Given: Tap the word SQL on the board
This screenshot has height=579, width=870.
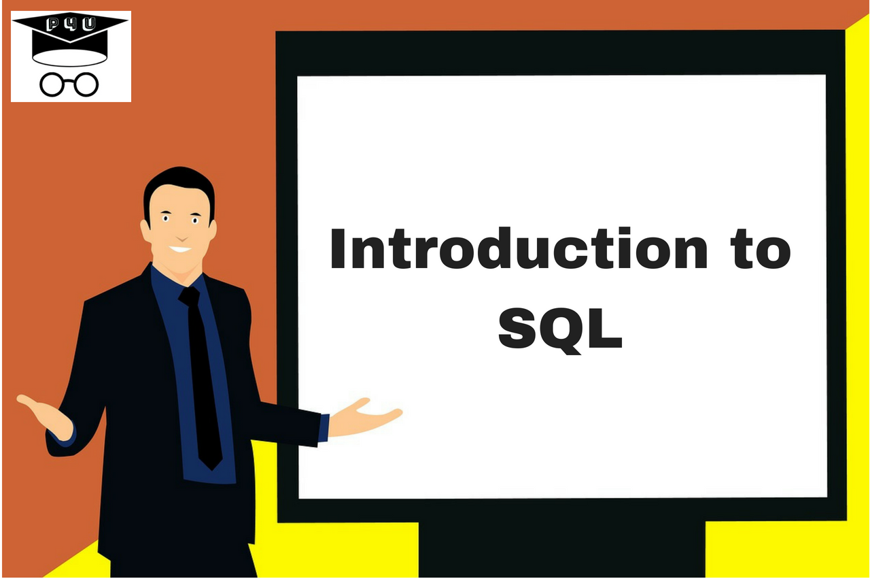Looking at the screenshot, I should click(x=560, y=329).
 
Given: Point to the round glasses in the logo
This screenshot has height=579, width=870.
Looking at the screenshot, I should click(x=69, y=84).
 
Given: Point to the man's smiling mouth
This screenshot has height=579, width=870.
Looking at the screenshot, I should click(x=180, y=248).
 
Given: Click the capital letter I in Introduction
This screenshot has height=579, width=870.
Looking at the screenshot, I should click(x=338, y=250).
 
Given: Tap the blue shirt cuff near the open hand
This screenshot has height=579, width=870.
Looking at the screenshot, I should click(x=324, y=427).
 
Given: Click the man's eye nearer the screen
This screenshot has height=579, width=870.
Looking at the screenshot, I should click(x=196, y=220).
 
